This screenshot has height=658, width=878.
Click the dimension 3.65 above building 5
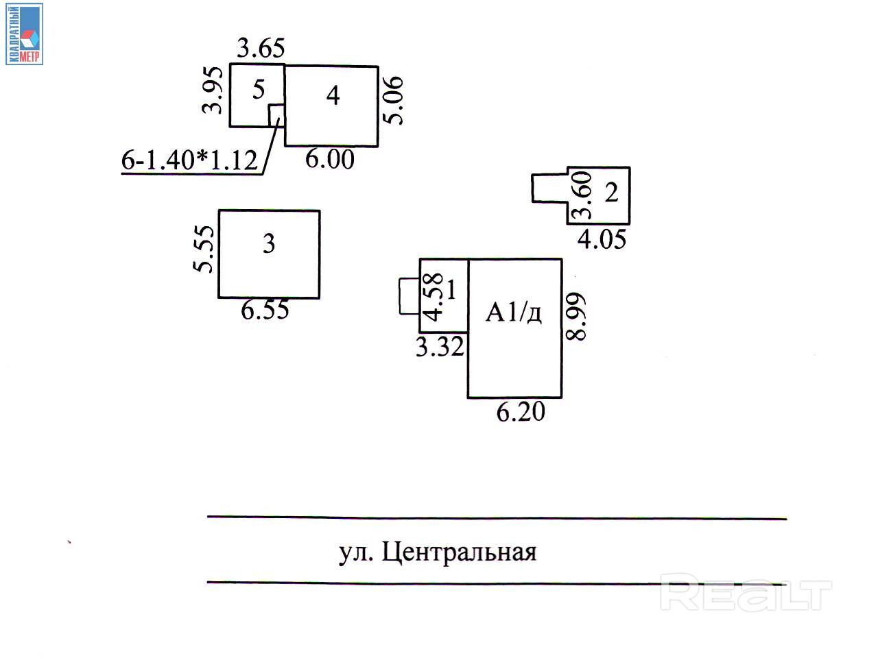pyautogui.click(x=261, y=49)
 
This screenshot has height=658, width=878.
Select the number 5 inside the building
pyautogui.click(x=258, y=90)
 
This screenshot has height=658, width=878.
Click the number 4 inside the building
pyautogui.click(x=333, y=96)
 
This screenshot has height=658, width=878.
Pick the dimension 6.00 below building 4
pyautogui.click(x=330, y=160)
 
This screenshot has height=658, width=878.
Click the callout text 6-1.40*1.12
pyautogui.click(x=189, y=160)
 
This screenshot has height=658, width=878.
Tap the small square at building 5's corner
pyautogui.click(x=276, y=114)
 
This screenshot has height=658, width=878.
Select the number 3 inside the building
pyautogui.click(x=269, y=244)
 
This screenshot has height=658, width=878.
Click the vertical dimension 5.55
pyautogui.click(x=204, y=249)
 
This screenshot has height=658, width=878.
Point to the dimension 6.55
pyautogui.click(x=265, y=310)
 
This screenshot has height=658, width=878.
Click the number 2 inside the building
pyautogui.click(x=611, y=193)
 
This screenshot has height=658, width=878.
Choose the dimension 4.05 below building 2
pyautogui.click(x=602, y=239)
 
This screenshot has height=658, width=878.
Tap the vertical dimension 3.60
pyautogui.click(x=582, y=195)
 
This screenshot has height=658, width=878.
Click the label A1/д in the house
pyautogui.click(x=514, y=313)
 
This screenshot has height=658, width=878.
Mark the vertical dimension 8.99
pyautogui.click(x=576, y=317)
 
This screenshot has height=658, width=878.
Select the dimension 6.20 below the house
pyautogui.click(x=521, y=412)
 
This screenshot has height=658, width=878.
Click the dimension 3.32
pyautogui.click(x=440, y=348)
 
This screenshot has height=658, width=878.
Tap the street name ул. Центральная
pyautogui.click(x=438, y=552)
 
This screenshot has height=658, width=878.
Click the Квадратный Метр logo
pyautogui.click(x=25, y=34)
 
